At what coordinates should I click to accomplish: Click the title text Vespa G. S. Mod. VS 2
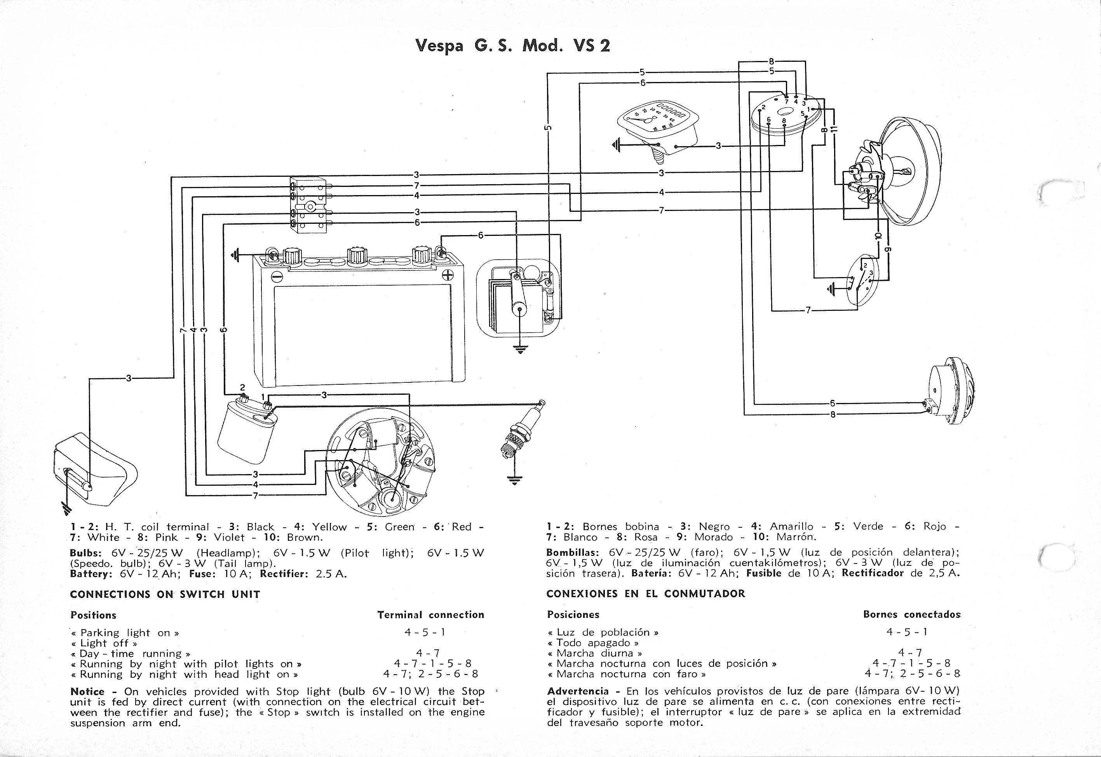(x=512, y=45)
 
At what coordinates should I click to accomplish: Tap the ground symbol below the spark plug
(x=514, y=480)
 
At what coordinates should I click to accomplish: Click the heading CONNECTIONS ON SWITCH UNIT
(x=165, y=594)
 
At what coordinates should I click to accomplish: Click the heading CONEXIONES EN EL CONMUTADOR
(x=645, y=594)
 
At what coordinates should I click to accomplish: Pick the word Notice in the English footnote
(x=87, y=692)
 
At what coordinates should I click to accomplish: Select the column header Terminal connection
(x=430, y=615)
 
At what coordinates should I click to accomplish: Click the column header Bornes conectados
(x=912, y=615)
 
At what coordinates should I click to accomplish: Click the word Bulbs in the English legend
(x=84, y=553)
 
